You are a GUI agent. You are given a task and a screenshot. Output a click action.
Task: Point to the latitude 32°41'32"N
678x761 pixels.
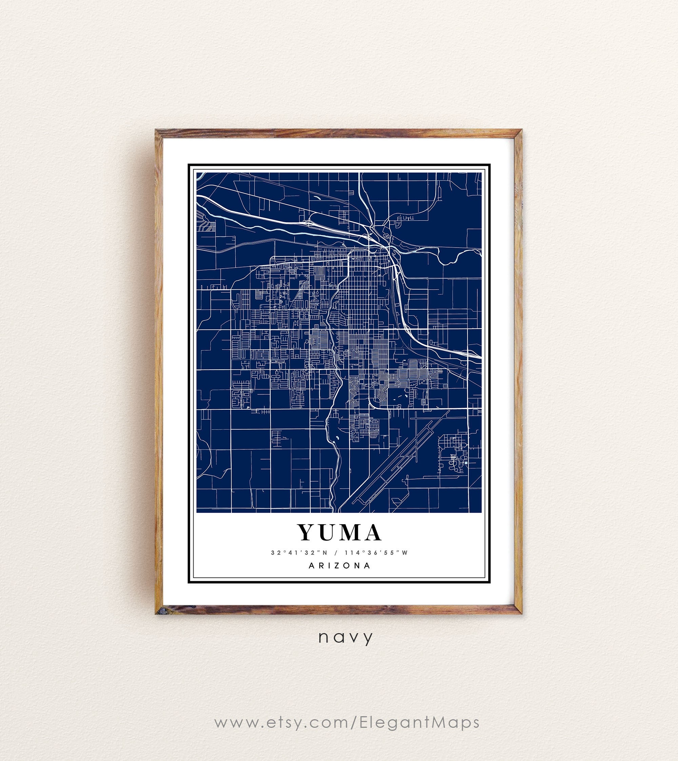298,553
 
